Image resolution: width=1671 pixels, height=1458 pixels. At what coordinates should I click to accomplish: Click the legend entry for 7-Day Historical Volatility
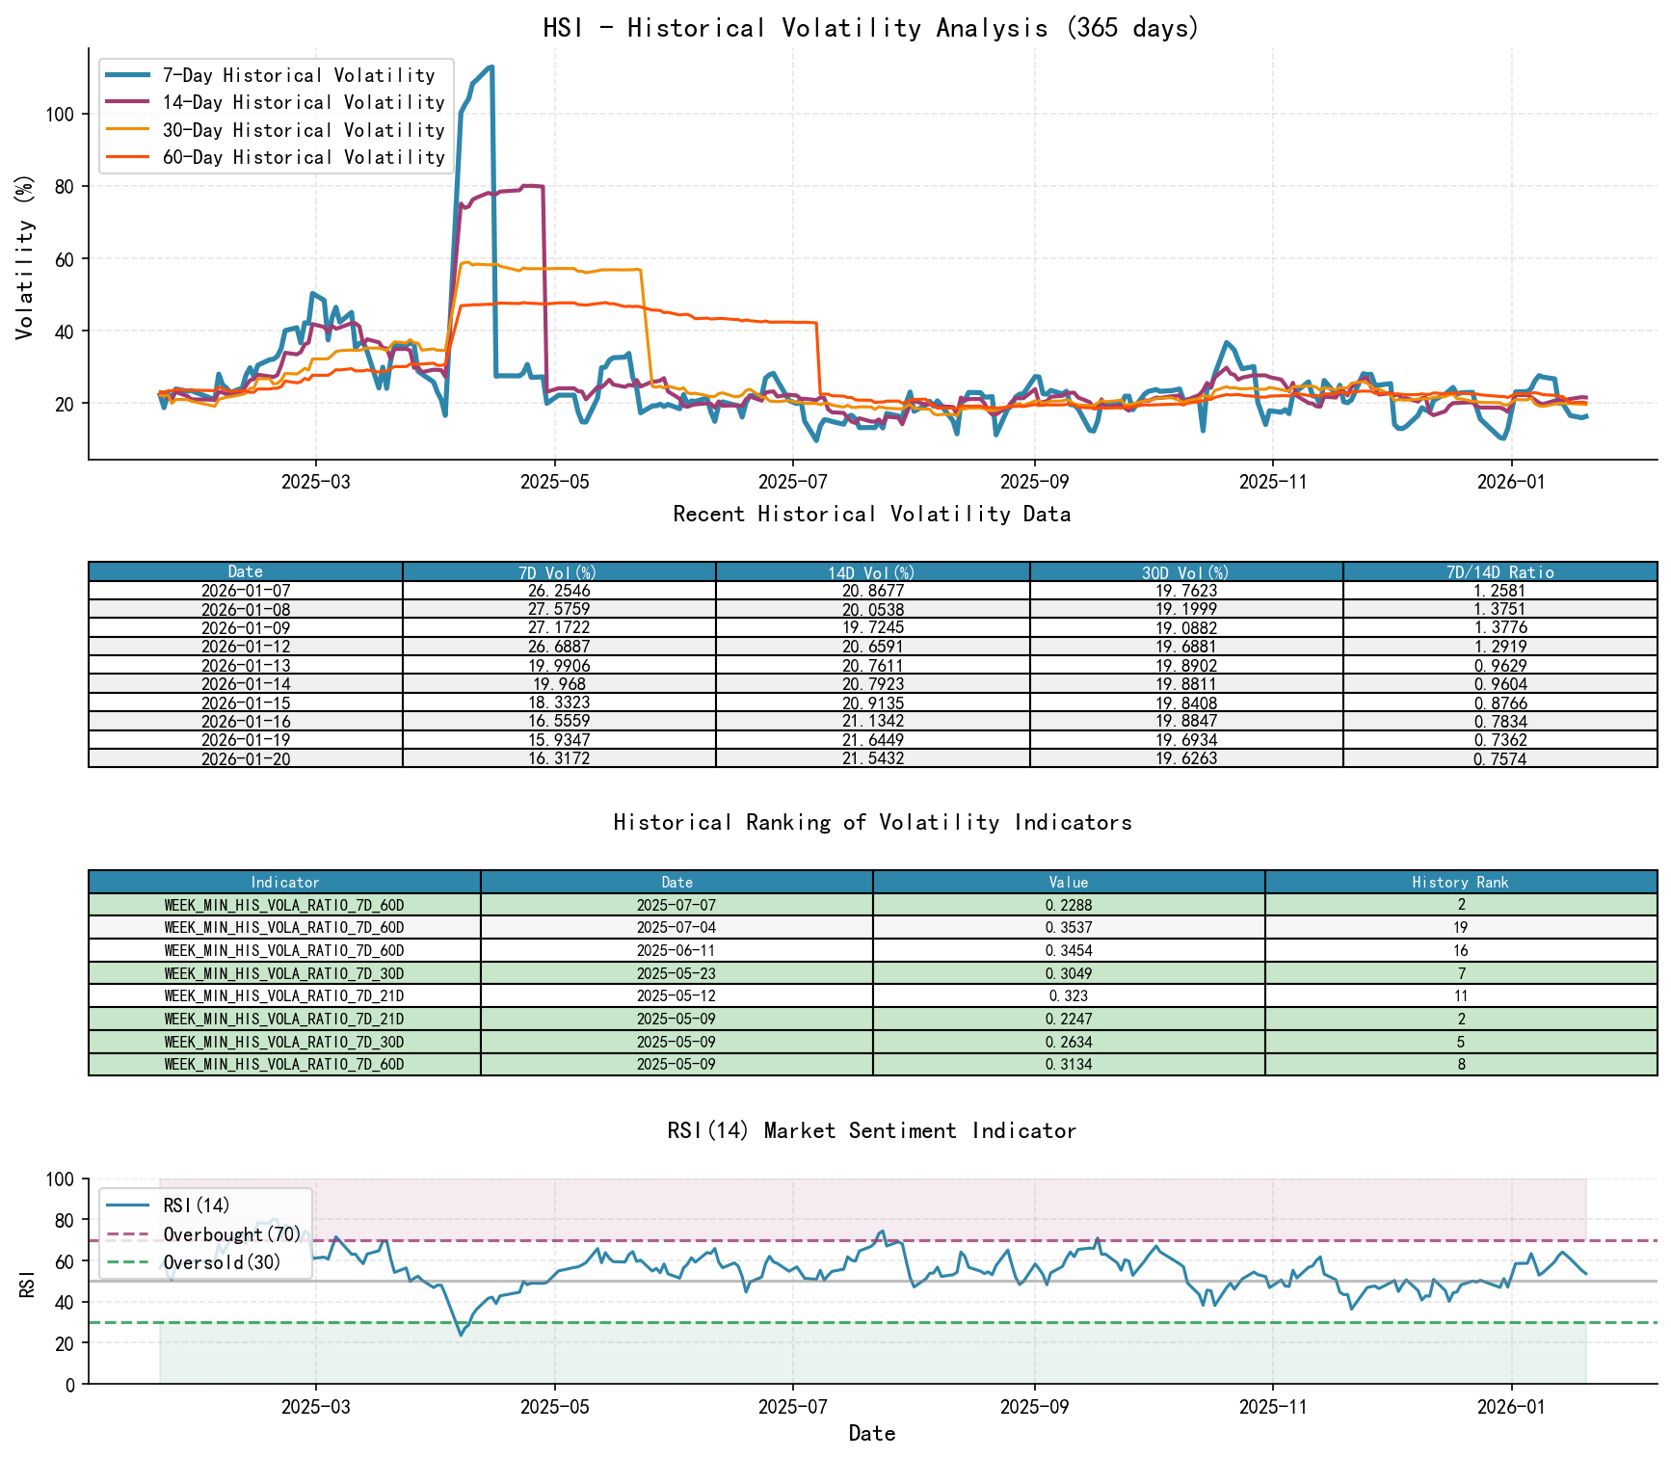coord(299,75)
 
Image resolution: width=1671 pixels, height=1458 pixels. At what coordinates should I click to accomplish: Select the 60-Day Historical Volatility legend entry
coord(304,157)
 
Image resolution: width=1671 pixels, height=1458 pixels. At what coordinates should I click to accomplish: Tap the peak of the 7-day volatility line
coord(491,67)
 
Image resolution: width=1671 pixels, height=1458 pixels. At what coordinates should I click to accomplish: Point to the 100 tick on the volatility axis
coord(60,114)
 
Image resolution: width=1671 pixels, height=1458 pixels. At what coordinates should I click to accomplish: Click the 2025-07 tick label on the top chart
coord(792,482)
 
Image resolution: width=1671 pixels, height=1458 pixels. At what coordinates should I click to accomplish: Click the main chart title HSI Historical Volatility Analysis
coord(871,28)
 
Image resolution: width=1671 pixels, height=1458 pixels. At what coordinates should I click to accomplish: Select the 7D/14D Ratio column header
coord(1499,572)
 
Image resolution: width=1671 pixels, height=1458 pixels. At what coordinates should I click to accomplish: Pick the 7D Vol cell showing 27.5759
coord(559,610)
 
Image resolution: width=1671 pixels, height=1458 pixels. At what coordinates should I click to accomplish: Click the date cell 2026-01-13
coord(246,666)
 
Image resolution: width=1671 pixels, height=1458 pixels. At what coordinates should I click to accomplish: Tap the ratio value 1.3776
coord(1499,628)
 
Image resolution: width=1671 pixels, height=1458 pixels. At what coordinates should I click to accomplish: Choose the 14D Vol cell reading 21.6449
coord(872,740)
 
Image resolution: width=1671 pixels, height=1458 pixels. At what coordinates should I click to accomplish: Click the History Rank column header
coord(1460,883)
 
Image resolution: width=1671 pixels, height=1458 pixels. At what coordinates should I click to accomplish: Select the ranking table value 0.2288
coord(1068,906)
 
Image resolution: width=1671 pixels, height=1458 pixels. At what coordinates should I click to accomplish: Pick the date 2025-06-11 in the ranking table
coord(676,951)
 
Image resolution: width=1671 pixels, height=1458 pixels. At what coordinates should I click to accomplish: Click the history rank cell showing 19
coord(1460,928)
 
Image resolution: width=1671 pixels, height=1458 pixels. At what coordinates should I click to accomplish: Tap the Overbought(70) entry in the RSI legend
coord(231,1234)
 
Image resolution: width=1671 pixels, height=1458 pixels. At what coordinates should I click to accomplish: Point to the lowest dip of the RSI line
coord(461,1335)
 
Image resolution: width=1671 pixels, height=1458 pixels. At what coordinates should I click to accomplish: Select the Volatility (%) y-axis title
coord(25,256)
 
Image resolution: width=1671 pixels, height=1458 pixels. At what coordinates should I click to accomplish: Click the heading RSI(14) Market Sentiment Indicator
coord(871,1130)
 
